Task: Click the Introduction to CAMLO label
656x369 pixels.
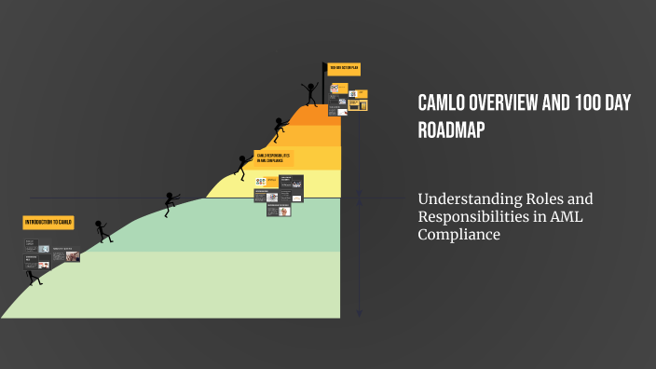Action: tap(48, 223)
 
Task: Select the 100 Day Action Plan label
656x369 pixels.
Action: tap(343, 68)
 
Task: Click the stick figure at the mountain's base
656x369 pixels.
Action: tap(34, 275)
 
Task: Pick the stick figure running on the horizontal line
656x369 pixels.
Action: tap(170, 202)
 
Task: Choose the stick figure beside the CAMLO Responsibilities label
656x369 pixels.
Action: tap(241, 165)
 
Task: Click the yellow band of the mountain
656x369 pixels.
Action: tap(280, 184)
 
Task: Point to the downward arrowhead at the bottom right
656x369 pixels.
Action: tap(359, 316)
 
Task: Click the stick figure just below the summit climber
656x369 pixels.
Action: tap(280, 128)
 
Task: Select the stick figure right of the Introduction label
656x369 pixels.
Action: tap(102, 231)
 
